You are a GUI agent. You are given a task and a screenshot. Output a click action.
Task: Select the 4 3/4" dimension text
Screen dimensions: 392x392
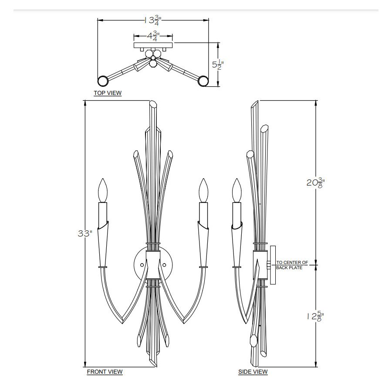click(x=153, y=36)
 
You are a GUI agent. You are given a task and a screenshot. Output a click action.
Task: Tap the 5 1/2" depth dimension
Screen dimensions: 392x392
click(x=218, y=64)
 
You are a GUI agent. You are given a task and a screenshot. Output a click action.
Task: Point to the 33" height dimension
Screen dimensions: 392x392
click(x=85, y=233)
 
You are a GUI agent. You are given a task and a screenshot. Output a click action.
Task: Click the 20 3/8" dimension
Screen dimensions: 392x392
click(x=315, y=183)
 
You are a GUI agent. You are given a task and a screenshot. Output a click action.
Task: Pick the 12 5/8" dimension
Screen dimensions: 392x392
click(x=315, y=316)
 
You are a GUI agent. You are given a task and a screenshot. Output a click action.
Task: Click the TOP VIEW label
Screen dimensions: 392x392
click(x=108, y=93)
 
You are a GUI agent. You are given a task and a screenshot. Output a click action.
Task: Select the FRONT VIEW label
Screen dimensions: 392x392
click(x=105, y=372)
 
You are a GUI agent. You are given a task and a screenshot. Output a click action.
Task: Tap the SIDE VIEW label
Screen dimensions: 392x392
click(x=253, y=372)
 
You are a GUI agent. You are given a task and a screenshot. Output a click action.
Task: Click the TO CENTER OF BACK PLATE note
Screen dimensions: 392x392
click(x=292, y=265)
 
